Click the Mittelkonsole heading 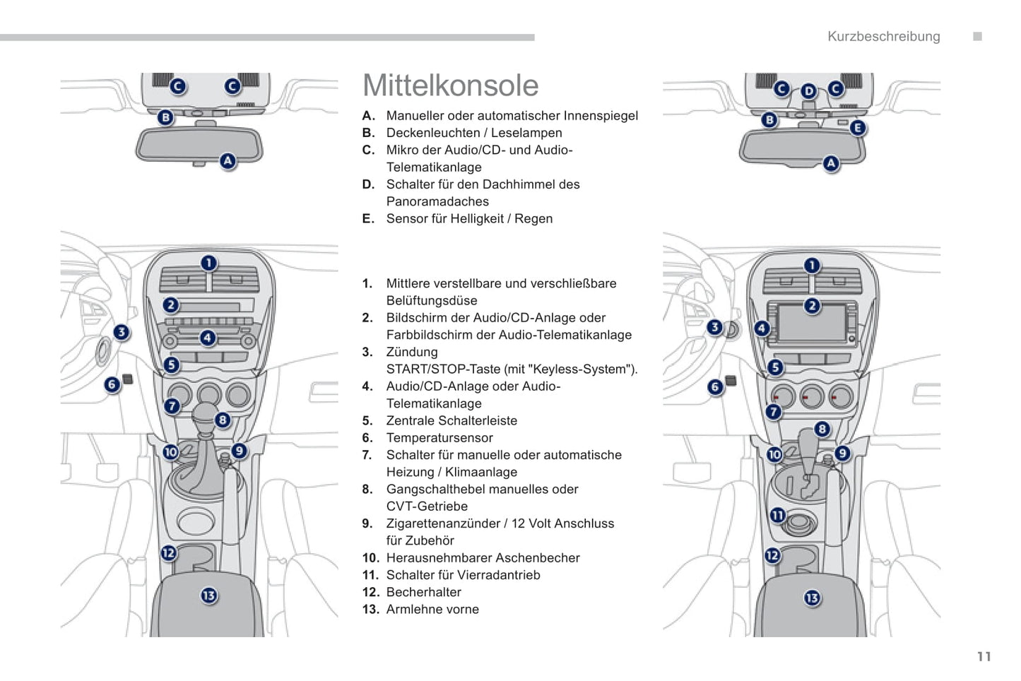coord(450,85)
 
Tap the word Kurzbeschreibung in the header coord(883,37)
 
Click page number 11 coord(984,657)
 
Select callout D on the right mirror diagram coord(809,91)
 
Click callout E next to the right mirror coord(857,128)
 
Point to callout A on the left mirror coord(228,161)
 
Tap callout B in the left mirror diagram coord(165,117)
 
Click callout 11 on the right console coord(777,515)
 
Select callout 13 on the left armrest coord(208,596)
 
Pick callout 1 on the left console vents coord(208,263)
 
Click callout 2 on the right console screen coord(812,305)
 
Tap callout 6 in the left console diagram coord(112,385)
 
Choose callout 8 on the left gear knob coord(223,420)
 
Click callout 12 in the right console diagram coord(772,555)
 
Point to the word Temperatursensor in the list coord(439,438)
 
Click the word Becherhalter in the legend coord(423,592)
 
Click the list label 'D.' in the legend coord(368,184)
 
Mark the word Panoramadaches coord(437,201)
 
